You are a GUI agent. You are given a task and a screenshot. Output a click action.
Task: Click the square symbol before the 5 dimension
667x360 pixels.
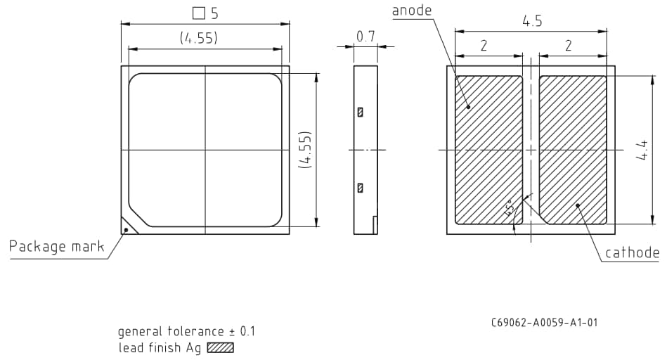(x=198, y=13)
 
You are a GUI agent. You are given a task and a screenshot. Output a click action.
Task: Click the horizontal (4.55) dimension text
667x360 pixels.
(x=198, y=38)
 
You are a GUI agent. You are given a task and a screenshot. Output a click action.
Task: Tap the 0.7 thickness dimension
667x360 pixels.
(x=365, y=37)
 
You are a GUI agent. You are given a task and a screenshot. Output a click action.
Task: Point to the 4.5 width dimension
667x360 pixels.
(x=531, y=21)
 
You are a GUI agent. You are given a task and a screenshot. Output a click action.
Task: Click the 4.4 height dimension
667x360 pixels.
(x=642, y=149)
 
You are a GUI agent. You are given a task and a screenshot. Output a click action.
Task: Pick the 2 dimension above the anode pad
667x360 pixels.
(x=484, y=46)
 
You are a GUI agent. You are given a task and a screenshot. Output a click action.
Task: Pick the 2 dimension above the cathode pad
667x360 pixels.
(x=568, y=46)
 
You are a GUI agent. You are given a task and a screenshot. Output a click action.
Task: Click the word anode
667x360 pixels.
(x=411, y=10)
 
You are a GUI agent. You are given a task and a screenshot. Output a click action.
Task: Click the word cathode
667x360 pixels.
(x=632, y=253)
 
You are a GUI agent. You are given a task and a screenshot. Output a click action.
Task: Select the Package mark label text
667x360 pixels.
(x=56, y=246)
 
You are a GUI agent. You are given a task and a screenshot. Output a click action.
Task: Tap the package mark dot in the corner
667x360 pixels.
(x=127, y=229)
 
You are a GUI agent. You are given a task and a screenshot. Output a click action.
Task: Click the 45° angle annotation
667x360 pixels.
(x=510, y=208)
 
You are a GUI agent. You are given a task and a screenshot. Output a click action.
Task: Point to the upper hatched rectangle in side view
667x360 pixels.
(x=361, y=112)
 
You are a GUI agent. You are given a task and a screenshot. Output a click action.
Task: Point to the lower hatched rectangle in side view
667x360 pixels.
(x=361, y=188)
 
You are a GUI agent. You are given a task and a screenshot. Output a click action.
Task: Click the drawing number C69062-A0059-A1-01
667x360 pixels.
(x=544, y=323)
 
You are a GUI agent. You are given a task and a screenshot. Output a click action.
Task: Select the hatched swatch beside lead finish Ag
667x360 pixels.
(x=220, y=347)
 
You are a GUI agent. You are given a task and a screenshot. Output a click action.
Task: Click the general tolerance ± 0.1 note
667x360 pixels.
(x=186, y=331)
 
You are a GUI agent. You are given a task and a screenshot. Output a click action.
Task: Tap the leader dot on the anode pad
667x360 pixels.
(x=468, y=108)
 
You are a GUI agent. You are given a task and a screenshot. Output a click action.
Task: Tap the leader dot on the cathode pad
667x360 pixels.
(x=578, y=205)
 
